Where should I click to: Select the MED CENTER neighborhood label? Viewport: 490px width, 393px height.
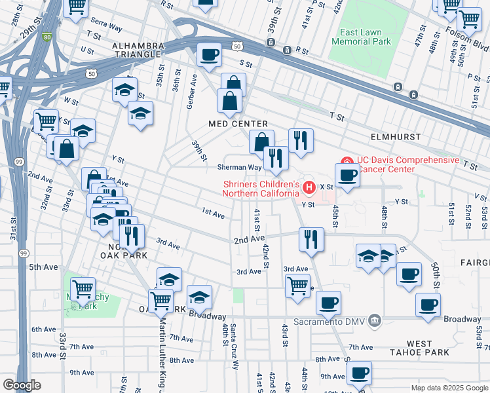pos(238,124)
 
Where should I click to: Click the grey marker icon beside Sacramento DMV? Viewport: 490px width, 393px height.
pos(374,321)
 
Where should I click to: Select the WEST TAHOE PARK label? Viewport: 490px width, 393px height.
pos(419,349)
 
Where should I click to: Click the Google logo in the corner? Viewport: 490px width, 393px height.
pos(22,384)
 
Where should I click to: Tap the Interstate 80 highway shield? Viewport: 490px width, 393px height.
pos(46,37)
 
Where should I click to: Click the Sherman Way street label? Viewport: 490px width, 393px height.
pos(240,167)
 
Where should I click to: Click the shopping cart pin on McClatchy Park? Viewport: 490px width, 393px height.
pos(83,288)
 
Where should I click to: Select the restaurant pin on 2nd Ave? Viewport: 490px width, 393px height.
pos(312,239)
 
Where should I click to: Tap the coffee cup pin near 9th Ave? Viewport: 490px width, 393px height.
pos(358,373)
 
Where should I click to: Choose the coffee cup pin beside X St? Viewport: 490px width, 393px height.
pos(347,175)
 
